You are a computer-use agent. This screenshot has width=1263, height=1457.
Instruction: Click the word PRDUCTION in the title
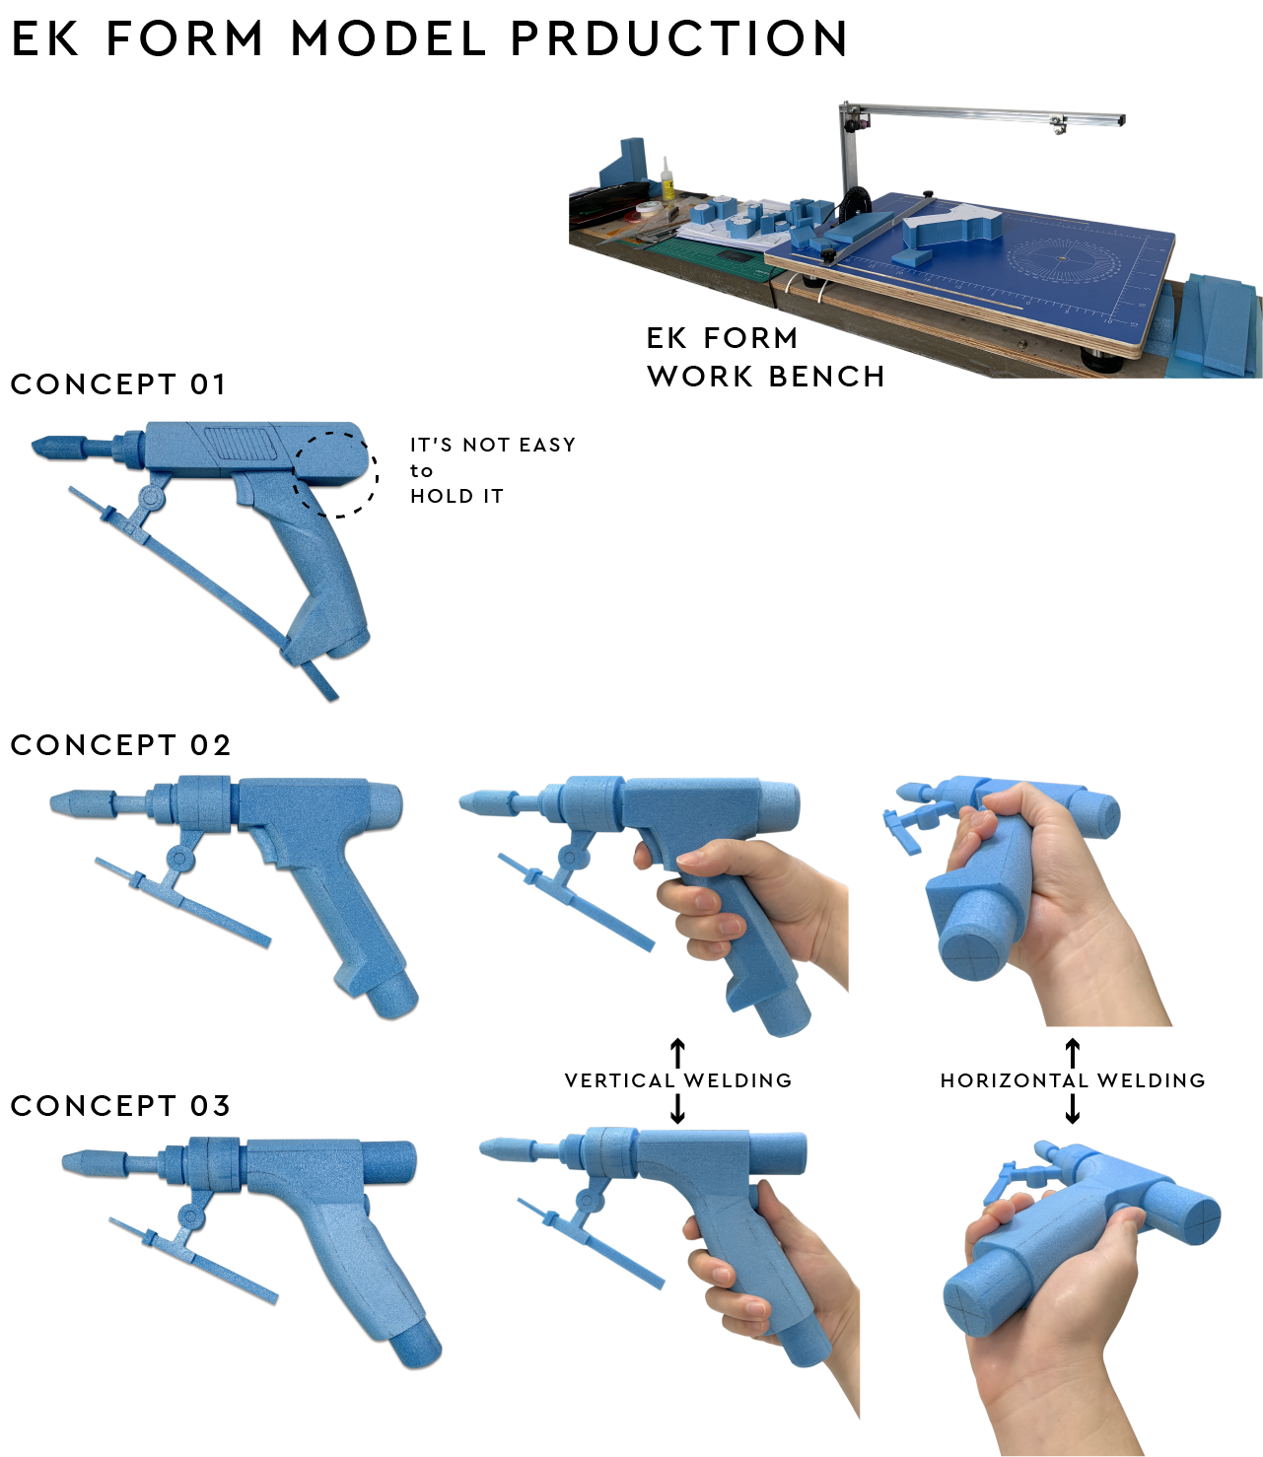[678, 38]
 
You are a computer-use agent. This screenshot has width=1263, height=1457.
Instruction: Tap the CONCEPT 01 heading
[117, 384]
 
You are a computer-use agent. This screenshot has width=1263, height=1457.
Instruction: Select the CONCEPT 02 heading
[120, 745]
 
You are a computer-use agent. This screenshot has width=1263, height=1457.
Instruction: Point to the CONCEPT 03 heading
[120, 1106]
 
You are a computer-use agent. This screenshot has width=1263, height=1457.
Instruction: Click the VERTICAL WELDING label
[678, 1080]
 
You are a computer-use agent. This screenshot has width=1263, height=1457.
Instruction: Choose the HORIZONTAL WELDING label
[1073, 1080]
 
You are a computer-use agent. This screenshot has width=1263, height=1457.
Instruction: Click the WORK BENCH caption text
[766, 377]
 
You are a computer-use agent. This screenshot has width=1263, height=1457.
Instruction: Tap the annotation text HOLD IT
[456, 496]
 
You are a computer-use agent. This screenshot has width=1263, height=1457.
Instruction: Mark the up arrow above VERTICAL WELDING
[677, 1053]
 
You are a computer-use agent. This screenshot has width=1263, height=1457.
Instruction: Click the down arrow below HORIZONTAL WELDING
[1073, 1108]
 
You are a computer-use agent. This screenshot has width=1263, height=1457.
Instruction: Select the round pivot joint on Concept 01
[152, 498]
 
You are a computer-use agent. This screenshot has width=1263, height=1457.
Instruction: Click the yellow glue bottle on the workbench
[667, 178]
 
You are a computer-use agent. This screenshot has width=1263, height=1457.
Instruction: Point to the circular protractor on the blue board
[1064, 258]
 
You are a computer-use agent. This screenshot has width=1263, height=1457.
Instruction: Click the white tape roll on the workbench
[648, 207]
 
